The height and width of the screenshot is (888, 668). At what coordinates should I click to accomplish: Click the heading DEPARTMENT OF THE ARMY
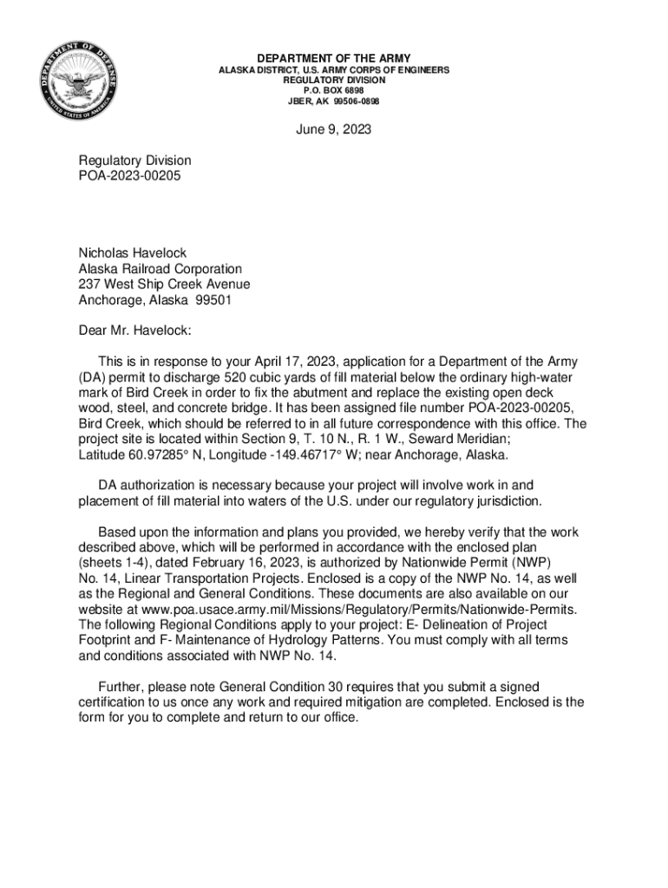(333, 59)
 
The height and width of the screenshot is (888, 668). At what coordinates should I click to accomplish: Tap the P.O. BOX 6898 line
(333, 90)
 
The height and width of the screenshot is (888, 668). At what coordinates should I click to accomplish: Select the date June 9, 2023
(334, 130)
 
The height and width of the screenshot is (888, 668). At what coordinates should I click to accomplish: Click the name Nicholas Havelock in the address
(133, 253)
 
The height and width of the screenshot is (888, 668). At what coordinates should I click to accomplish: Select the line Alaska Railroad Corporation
(160, 269)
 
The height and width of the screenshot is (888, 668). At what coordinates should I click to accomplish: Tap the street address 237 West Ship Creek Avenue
(165, 284)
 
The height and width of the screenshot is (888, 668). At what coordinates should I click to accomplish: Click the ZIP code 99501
(213, 300)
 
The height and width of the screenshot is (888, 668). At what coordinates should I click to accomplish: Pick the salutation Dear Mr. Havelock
(134, 330)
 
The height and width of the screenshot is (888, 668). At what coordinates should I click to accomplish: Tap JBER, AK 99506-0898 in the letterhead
(333, 101)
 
